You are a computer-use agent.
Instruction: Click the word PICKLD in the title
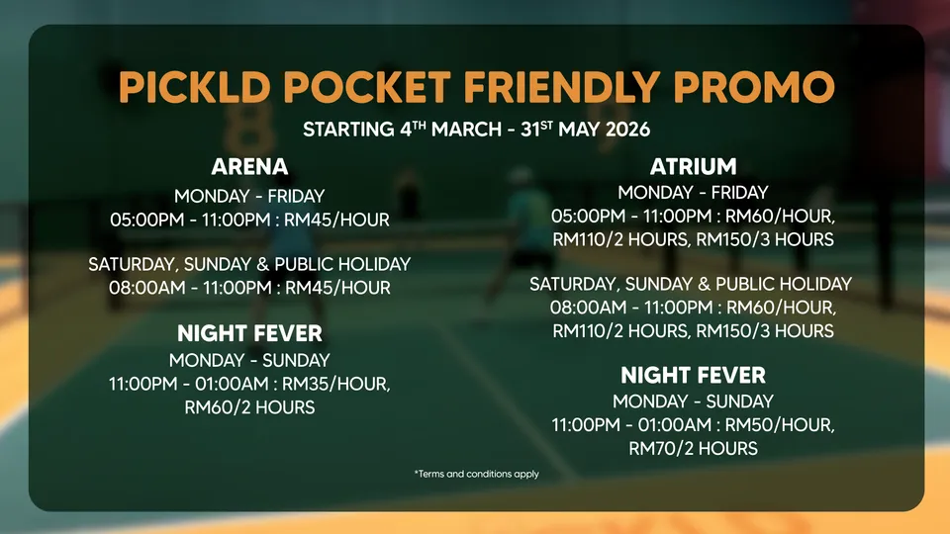(x=195, y=87)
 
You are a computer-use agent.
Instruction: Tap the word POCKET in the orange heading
(x=367, y=87)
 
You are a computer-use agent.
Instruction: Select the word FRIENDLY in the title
(x=562, y=87)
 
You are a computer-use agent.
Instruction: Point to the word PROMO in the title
(x=754, y=87)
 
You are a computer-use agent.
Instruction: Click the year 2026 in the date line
(x=627, y=130)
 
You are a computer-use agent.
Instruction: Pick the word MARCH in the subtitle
(x=466, y=130)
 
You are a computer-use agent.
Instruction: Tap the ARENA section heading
(x=249, y=166)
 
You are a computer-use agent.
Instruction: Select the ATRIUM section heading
(x=693, y=166)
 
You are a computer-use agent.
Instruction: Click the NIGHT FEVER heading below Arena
(x=249, y=333)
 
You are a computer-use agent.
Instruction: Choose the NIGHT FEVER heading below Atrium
(x=693, y=376)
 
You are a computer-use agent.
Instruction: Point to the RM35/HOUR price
(x=336, y=384)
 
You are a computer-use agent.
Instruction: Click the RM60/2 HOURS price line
(x=249, y=407)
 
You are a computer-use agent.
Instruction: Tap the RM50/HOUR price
(x=780, y=425)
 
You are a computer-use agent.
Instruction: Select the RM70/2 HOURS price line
(x=693, y=449)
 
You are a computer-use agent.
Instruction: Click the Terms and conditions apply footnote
(x=477, y=474)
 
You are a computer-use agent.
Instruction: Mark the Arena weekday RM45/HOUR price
(x=336, y=220)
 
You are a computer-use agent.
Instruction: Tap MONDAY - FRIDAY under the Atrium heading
(x=693, y=193)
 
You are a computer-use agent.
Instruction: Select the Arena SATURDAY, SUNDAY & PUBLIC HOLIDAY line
(x=249, y=265)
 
